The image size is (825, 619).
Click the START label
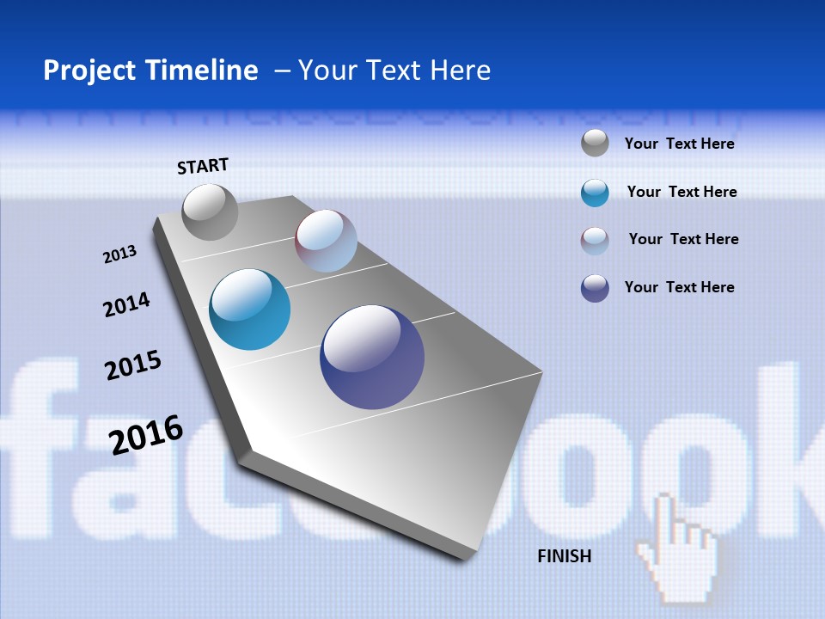click(x=203, y=166)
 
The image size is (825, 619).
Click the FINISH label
click(x=565, y=556)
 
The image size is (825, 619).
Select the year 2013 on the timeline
click(x=119, y=254)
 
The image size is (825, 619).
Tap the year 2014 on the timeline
click(x=126, y=304)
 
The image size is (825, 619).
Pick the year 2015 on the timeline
click(x=133, y=365)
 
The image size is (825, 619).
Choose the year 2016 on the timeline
click(x=146, y=434)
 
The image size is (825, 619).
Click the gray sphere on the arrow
click(x=210, y=212)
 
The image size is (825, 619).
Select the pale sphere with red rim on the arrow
click(x=326, y=241)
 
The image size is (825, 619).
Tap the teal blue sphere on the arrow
click(x=249, y=309)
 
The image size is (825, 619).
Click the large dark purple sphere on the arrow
click(x=372, y=357)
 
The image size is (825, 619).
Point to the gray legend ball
click(x=595, y=143)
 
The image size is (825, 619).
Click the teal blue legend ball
click(x=595, y=193)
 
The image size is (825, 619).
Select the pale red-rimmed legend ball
click(x=595, y=241)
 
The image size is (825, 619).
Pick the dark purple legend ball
click(x=595, y=288)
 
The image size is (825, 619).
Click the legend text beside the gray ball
click(x=679, y=144)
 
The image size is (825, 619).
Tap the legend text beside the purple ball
click(x=679, y=287)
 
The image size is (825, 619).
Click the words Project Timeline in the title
click(x=150, y=70)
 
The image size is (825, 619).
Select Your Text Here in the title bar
click(x=394, y=70)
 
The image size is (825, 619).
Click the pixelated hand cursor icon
click(x=679, y=550)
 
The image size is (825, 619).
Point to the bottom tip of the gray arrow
click(x=464, y=557)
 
